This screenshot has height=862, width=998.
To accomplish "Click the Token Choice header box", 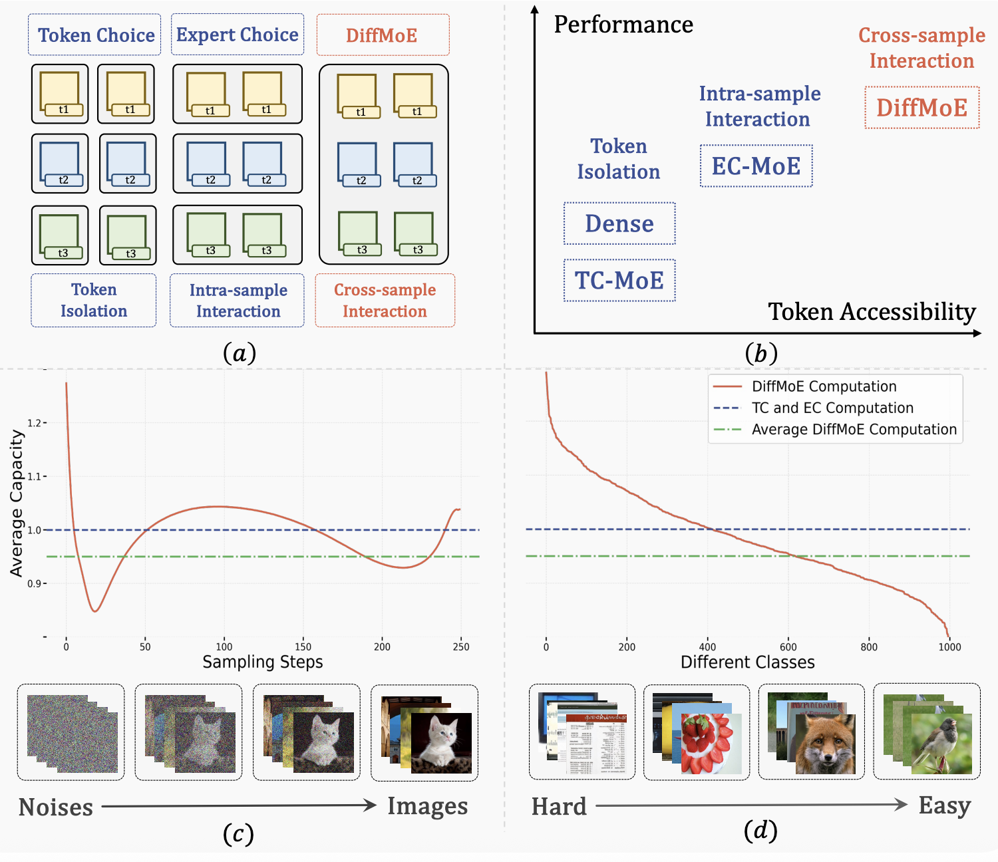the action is [x=94, y=35].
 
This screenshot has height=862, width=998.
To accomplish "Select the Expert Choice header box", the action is [x=238, y=35].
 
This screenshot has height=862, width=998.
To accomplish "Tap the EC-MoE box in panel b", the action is [x=756, y=166].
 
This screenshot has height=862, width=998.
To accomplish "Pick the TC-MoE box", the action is [x=619, y=281].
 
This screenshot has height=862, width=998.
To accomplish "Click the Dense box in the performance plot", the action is [x=619, y=223].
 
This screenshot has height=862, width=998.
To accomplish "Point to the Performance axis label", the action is [x=623, y=24].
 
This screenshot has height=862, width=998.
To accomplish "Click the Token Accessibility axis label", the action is [x=872, y=312].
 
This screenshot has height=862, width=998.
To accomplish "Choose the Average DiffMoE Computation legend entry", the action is [x=835, y=429].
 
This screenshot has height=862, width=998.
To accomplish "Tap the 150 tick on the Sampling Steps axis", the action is [x=303, y=646].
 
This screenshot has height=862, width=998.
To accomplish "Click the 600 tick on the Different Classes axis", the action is [x=788, y=646].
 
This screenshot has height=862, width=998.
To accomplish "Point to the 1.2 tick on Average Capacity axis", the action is [x=35, y=423].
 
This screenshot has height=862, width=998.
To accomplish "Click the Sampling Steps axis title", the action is [x=263, y=662].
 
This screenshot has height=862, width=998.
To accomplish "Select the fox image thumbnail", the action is [x=825, y=744].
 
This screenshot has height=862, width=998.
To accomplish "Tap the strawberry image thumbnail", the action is [x=711, y=744].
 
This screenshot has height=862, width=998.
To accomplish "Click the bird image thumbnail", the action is [x=941, y=744].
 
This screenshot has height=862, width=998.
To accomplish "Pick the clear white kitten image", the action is [x=441, y=743].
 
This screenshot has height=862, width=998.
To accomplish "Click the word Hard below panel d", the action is [x=559, y=807].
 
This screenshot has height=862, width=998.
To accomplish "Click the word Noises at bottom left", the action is [x=55, y=807].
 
